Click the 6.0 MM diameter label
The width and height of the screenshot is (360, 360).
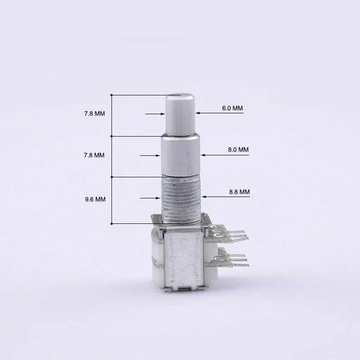(x=232, y=108)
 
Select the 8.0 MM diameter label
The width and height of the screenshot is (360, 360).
(x=238, y=150)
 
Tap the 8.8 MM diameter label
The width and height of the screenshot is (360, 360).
(x=239, y=192)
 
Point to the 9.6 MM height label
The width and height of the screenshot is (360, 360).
(x=95, y=199)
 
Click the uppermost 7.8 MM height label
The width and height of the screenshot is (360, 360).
(x=94, y=114)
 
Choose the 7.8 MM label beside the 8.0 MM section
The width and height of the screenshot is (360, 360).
(x=94, y=155)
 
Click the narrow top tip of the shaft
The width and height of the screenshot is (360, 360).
(x=180, y=114)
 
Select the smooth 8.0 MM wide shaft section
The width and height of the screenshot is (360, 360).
(x=180, y=155)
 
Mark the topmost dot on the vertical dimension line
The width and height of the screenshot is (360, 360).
(x=111, y=95)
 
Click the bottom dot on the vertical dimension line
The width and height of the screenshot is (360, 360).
(x=111, y=223)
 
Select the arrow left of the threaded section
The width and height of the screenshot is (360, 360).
(x=157, y=197)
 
